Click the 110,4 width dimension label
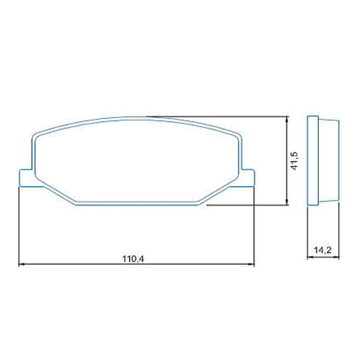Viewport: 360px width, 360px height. pos(133,259)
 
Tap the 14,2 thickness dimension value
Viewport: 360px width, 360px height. pos(323,251)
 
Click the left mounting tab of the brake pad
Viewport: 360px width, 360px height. pos(26,178)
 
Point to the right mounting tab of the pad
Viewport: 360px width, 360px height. pos(248,178)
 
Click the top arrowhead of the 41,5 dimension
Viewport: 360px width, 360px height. pos(287,119)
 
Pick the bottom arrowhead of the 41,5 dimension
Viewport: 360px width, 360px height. pos(287,203)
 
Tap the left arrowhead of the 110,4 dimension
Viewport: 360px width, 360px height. pos(22,264)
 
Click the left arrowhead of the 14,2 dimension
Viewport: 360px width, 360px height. pos(310,258)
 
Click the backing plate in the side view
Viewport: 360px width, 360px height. pos(313,161)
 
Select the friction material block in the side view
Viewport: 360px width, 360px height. pos(329,161)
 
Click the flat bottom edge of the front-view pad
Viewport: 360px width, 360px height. pos(137,204)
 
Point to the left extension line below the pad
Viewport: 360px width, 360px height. pos(19,226)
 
